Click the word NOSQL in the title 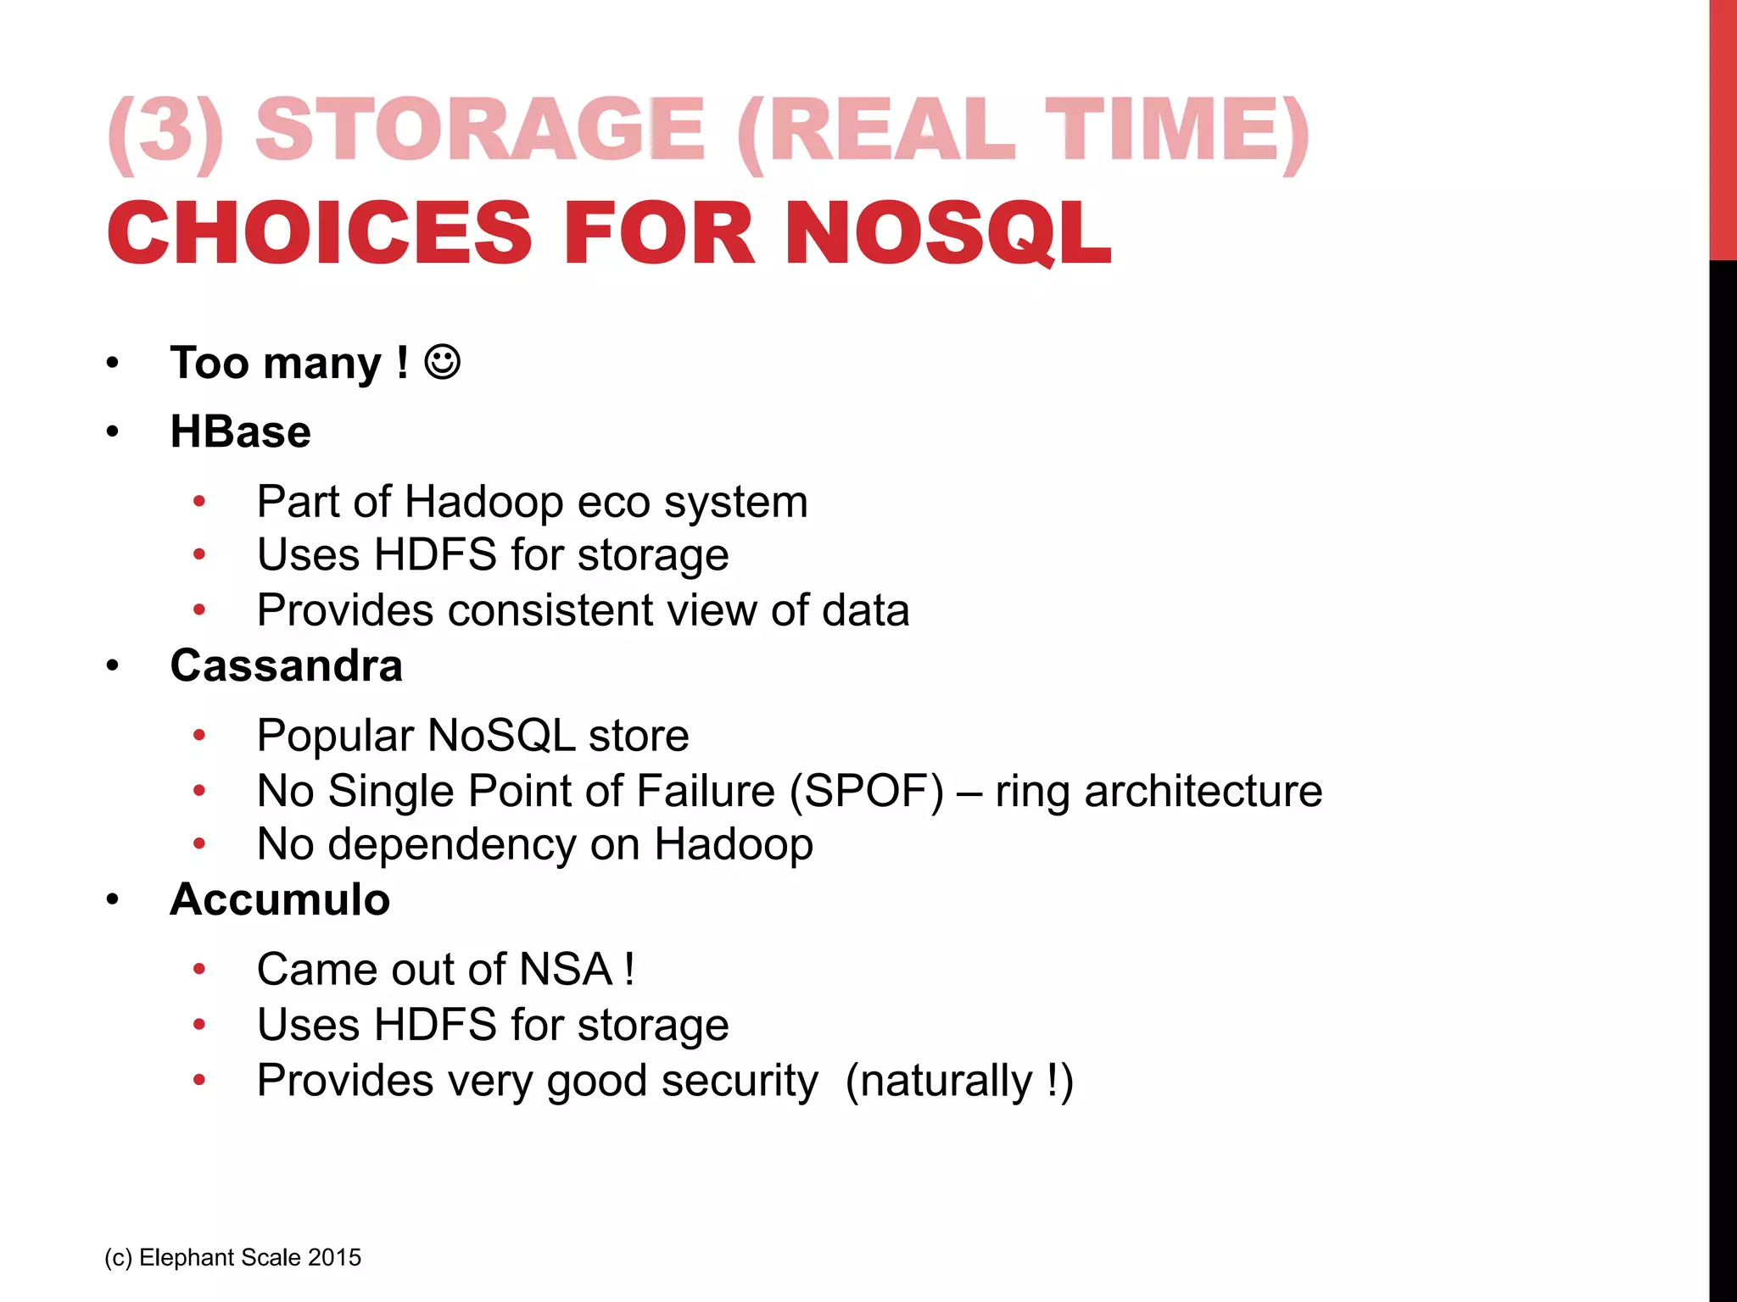947,233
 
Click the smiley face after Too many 442,362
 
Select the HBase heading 240,431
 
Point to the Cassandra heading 286,665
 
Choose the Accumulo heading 280,899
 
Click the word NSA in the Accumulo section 566,969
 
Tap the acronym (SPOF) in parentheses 866,791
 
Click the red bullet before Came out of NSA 199,969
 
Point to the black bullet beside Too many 113,364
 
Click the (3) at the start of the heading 166,131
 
